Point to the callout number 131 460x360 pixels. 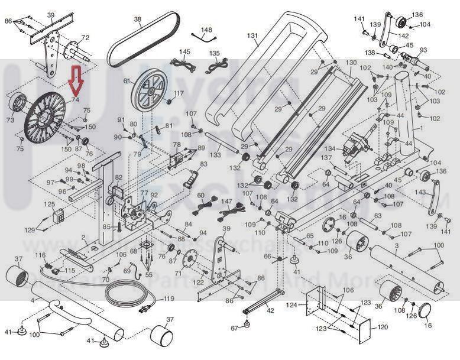coord(252,35)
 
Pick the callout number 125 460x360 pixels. coord(51,204)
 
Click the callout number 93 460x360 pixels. coord(423,50)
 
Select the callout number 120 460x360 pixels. coord(383,326)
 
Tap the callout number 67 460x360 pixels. coord(234,327)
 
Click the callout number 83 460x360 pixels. coord(203,164)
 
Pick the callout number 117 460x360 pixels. coord(179,93)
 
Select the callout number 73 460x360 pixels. coord(10,120)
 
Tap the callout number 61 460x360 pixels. coord(126,81)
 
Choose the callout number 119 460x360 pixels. coord(169,299)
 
